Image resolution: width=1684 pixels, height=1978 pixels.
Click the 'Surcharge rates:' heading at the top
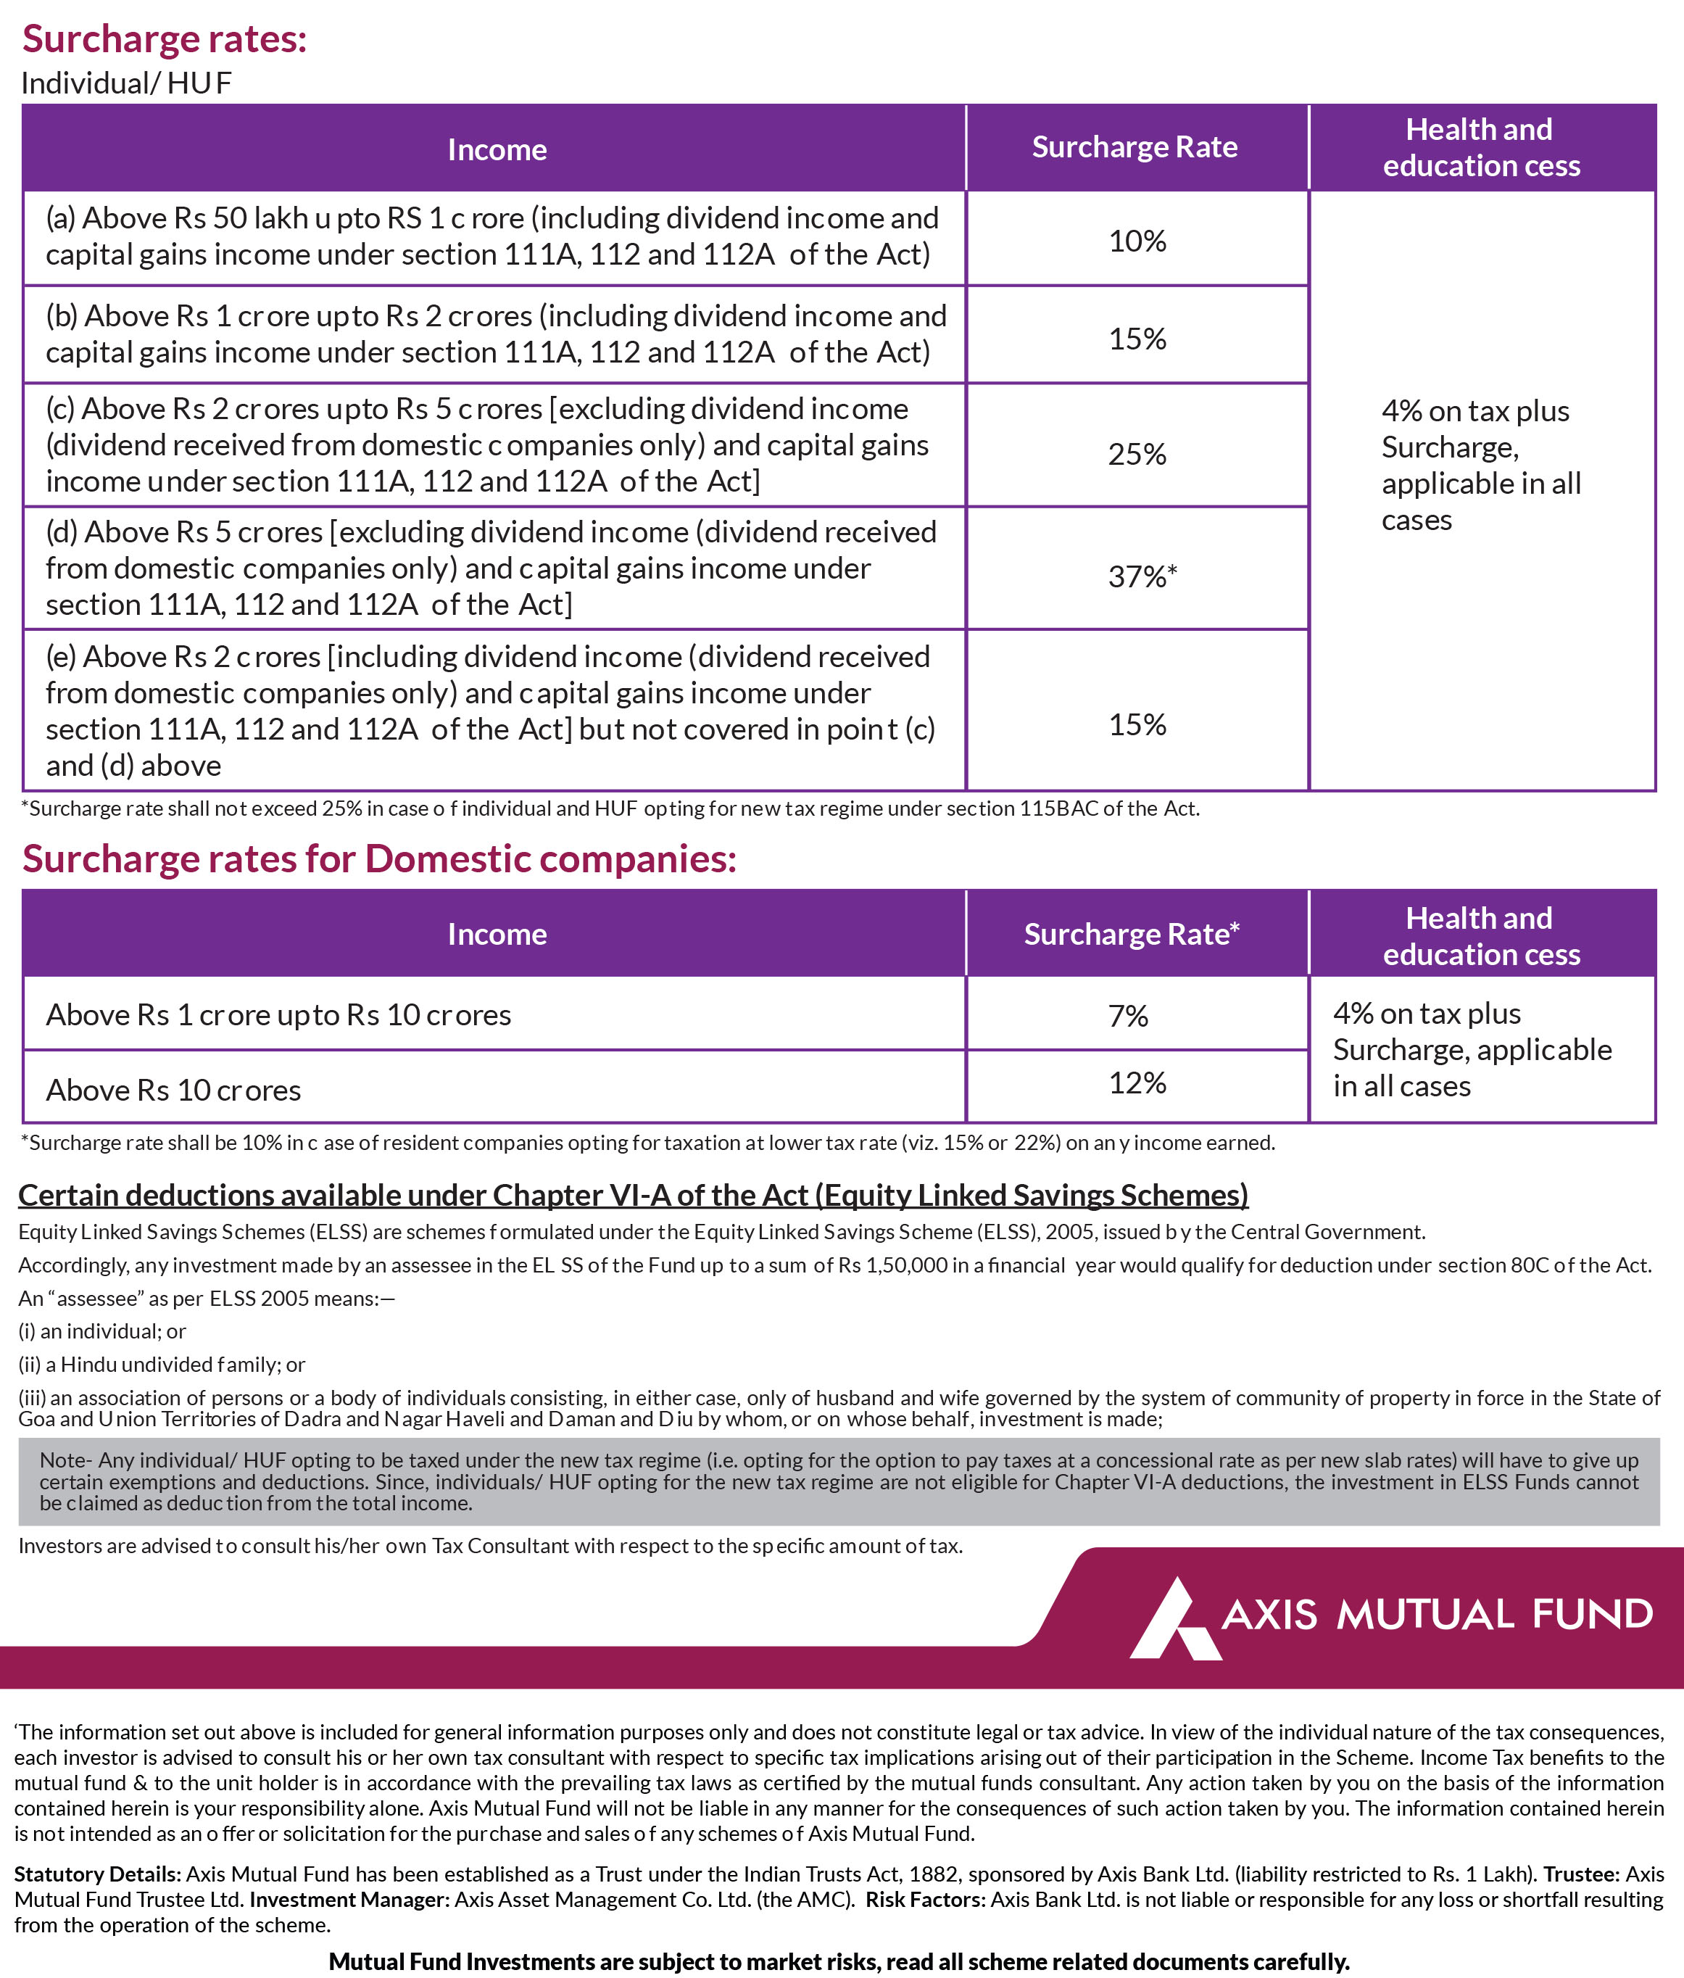coord(165,39)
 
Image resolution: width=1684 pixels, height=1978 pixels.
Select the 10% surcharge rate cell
coord(1136,241)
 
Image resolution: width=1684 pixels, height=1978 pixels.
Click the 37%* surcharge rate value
coord(1142,576)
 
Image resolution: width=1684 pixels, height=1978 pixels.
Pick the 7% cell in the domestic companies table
coord(1127,1015)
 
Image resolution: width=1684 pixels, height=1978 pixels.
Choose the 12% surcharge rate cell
coord(1136,1083)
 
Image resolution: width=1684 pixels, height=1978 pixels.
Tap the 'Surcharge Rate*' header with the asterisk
coord(1132,934)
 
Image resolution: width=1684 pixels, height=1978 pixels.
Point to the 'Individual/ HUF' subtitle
coord(126,83)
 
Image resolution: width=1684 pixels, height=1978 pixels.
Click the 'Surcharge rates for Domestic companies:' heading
coord(379,858)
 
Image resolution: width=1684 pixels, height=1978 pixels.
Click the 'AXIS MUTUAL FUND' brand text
coord(1437,1614)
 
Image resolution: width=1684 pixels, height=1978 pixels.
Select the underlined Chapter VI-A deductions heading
coord(633,1194)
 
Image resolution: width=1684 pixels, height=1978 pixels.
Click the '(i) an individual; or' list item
coord(102,1331)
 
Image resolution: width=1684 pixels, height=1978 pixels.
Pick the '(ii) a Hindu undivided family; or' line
coord(162,1364)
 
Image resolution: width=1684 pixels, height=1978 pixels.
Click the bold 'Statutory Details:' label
coord(97,1874)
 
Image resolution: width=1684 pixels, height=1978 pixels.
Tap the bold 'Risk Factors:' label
coord(925,1899)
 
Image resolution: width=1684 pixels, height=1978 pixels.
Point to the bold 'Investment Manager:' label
coord(349,1899)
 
